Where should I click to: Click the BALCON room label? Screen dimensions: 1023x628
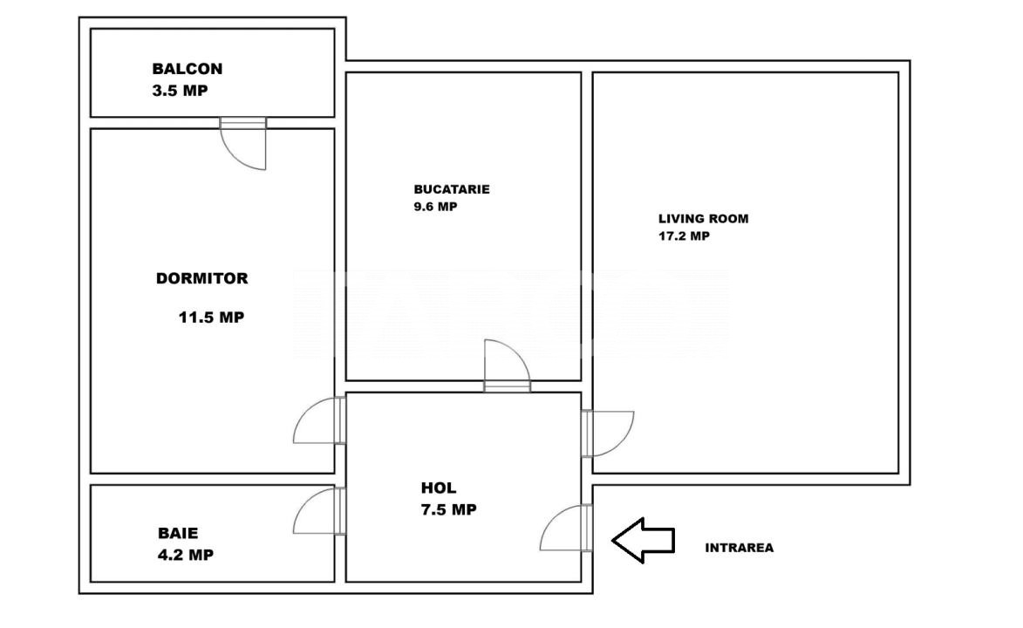tap(188, 69)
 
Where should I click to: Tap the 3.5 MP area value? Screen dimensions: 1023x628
tap(180, 91)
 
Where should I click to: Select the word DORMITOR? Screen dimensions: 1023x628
tap(202, 278)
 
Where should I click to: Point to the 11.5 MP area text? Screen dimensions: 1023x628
tap(211, 317)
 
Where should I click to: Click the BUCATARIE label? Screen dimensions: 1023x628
tap(452, 189)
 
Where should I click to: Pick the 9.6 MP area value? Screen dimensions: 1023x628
tap(435, 207)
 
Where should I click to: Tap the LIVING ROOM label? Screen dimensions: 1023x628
tap(703, 219)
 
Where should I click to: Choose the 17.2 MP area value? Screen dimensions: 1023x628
tap(684, 236)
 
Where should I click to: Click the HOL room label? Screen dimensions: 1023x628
tap(439, 488)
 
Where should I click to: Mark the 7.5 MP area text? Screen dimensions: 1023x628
tap(449, 510)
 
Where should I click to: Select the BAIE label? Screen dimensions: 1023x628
tap(178, 533)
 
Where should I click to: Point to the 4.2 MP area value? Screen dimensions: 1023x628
tap(186, 555)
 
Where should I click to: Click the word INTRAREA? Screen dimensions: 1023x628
tap(740, 548)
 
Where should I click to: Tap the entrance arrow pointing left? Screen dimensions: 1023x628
tap(644, 541)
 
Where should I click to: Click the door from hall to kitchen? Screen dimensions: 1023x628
tap(507, 365)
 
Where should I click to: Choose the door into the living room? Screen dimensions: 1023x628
tap(607, 433)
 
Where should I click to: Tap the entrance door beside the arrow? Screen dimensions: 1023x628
tap(566, 528)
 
